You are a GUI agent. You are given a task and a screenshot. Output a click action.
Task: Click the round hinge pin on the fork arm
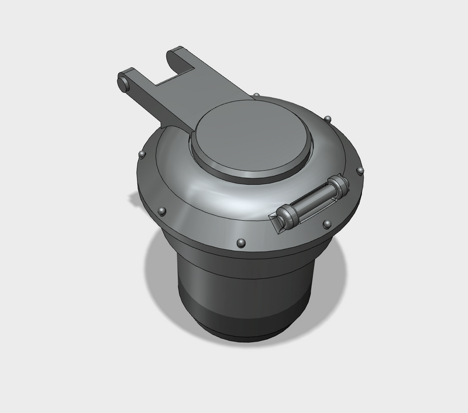coord(123,82)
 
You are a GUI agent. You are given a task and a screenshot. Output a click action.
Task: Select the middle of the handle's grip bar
coord(312,202)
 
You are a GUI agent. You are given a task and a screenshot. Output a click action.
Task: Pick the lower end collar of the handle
coord(288,216)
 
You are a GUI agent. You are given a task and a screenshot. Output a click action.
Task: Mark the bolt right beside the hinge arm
coord(257,94)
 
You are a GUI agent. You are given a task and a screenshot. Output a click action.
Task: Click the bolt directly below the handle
coord(326,223)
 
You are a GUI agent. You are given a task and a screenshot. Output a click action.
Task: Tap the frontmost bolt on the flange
coord(239,242)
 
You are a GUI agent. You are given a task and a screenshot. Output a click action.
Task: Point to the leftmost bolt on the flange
coord(141,154)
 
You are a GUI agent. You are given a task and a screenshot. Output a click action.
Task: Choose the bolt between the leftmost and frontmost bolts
coord(163,210)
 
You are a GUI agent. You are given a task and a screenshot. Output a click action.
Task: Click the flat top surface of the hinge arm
coord(187,94)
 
